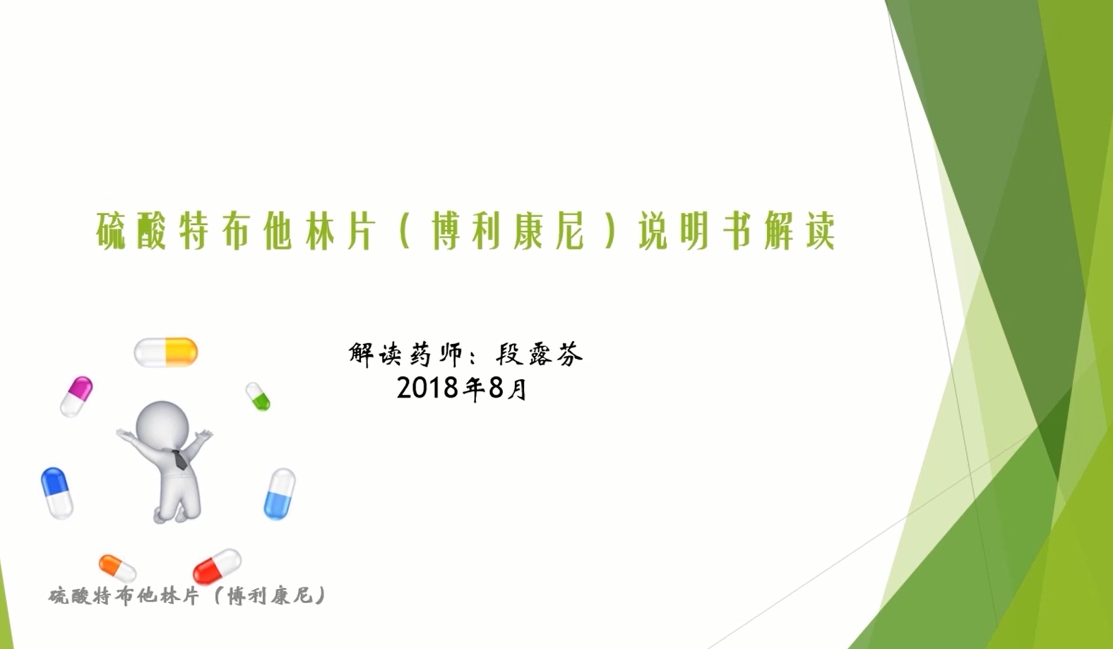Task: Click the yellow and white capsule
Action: [166, 352]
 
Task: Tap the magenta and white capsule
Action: [76, 396]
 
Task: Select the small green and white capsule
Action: [258, 396]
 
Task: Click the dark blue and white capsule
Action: [56, 493]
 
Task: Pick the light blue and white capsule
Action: [280, 494]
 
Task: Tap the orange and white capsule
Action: [117, 568]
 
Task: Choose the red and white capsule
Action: [217, 566]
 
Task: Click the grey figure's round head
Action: [162, 426]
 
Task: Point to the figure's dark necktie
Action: [179, 459]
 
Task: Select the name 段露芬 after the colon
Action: [539, 355]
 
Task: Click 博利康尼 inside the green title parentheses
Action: [508, 231]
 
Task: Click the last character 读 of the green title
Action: [820, 231]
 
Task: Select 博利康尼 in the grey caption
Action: [270, 596]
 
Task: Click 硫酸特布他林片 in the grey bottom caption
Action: [124, 596]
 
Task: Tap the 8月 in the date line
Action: [508, 388]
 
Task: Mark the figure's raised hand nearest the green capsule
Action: [203, 436]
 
